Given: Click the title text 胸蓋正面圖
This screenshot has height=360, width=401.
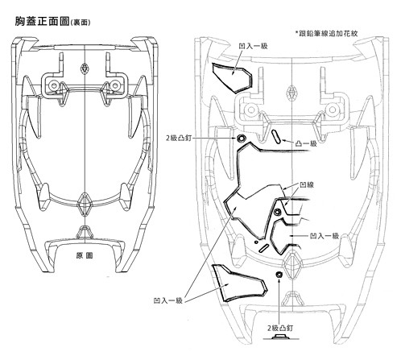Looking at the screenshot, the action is (x=42, y=22).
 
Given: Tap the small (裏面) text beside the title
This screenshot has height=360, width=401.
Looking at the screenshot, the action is (x=81, y=23).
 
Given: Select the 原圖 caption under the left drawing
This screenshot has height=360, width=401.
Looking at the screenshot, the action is (x=85, y=255).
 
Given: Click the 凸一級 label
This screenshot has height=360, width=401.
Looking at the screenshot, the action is (x=306, y=143).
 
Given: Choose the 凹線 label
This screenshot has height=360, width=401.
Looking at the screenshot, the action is (x=307, y=185).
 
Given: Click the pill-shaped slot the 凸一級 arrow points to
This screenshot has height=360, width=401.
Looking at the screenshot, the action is (x=276, y=137).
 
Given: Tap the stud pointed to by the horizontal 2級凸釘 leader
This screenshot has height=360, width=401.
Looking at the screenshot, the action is (x=240, y=139).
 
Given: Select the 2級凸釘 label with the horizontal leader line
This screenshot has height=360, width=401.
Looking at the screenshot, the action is (x=179, y=139).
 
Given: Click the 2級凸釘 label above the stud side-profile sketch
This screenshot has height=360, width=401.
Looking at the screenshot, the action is (x=280, y=328).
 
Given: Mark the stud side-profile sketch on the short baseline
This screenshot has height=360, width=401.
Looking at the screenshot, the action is (x=281, y=337).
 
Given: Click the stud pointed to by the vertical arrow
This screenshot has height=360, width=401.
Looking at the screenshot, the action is (x=279, y=275).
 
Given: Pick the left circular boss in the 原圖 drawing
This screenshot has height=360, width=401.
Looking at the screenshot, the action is (x=54, y=85).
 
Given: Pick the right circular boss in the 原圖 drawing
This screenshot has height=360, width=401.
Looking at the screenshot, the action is (x=115, y=85).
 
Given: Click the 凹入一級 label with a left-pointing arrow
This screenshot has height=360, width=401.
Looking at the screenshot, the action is (x=325, y=236).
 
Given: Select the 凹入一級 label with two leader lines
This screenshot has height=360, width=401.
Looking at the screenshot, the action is (x=168, y=300).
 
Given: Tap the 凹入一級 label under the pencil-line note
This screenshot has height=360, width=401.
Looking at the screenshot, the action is (x=253, y=46).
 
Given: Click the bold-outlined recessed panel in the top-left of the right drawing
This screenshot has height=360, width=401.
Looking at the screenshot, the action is (x=233, y=78).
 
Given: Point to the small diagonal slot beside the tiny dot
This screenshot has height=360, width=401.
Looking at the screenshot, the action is (x=264, y=248).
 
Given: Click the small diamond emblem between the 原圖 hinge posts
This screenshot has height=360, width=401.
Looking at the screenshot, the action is (x=85, y=68).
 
